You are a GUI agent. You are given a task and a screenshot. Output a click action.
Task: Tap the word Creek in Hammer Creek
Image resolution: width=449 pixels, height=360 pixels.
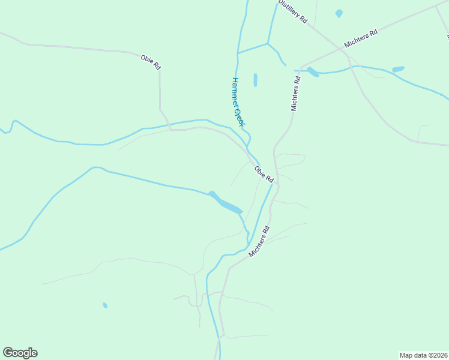(x=240, y=117)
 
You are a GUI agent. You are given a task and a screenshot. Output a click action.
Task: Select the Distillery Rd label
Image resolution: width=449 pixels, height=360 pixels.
(x=292, y=11)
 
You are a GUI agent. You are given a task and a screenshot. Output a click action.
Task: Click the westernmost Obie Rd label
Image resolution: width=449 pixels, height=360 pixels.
(x=151, y=62)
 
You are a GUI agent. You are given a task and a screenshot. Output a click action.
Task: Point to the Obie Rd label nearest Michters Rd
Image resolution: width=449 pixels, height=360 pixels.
(x=264, y=174)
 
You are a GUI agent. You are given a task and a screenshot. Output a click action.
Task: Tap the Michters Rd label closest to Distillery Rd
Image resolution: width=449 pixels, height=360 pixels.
(x=360, y=38)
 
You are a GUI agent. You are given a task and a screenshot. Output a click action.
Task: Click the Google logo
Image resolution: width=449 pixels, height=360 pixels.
(x=20, y=353)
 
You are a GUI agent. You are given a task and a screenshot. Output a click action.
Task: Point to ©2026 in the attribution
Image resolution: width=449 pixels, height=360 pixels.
(x=436, y=355)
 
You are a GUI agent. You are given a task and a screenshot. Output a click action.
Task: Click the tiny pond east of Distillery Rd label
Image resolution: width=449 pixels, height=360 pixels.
(x=339, y=13)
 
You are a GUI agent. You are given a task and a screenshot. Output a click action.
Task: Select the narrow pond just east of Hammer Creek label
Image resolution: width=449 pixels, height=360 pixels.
(x=255, y=80)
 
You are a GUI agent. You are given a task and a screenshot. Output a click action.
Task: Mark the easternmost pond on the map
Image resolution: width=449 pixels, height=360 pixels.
(x=398, y=70)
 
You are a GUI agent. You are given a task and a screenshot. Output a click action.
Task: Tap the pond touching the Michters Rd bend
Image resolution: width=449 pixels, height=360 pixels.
(x=313, y=72)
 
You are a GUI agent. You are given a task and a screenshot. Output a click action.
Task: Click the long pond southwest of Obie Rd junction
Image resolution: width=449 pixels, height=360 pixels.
(x=225, y=203)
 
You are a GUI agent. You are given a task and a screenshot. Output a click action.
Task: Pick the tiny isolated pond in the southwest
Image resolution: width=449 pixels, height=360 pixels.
(x=105, y=305)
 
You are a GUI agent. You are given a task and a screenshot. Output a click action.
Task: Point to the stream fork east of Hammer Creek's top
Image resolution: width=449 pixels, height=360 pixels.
(x=268, y=44)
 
